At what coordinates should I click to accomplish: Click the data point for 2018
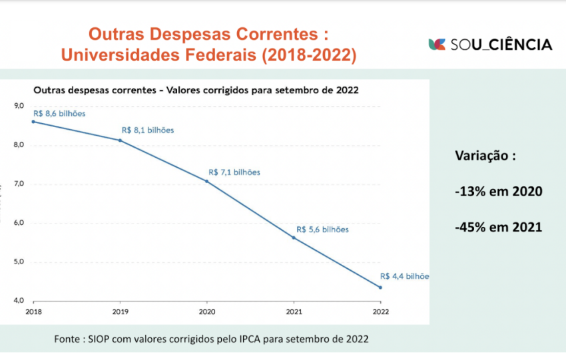[x=33, y=122]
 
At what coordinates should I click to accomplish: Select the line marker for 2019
[x=120, y=140]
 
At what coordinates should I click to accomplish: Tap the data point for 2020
[x=207, y=181]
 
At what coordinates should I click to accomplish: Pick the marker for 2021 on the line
[x=294, y=238]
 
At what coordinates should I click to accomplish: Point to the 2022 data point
[x=380, y=287]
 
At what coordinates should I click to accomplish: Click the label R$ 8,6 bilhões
[x=59, y=113]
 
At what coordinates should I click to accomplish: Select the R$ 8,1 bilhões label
[x=147, y=130]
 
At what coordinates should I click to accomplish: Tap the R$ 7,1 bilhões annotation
[x=234, y=172]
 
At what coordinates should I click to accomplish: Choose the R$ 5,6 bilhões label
[x=322, y=230]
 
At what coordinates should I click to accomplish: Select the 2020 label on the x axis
[x=207, y=311]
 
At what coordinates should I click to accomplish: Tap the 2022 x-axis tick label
[x=380, y=311]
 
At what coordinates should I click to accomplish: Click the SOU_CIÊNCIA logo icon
[x=437, y=45]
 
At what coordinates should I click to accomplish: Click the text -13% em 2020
[x=498, y=192]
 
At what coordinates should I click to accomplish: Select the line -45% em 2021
[x=498, y=227]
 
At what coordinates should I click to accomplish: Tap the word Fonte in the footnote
[x=69, y=339]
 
